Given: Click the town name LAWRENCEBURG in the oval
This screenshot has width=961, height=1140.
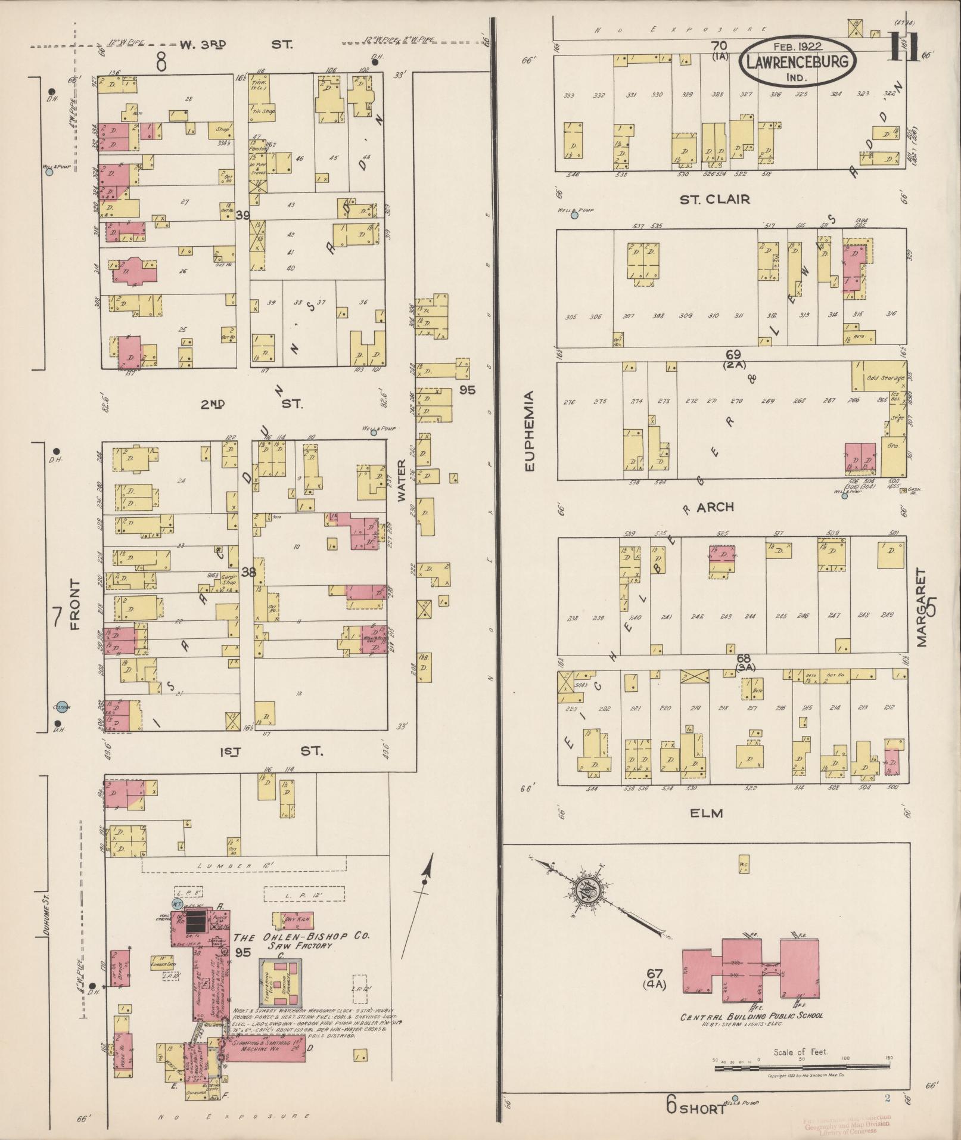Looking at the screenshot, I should click(798, 63).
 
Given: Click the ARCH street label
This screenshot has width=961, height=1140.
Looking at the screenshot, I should click(715, 507).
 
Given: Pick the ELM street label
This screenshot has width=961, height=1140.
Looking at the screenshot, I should click(707, 813).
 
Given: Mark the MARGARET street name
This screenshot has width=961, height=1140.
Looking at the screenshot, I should click(922, 607).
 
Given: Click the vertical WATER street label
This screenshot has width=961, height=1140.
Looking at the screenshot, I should click(402, 480).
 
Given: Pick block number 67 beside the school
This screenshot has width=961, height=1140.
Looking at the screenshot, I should click(655, 973).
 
